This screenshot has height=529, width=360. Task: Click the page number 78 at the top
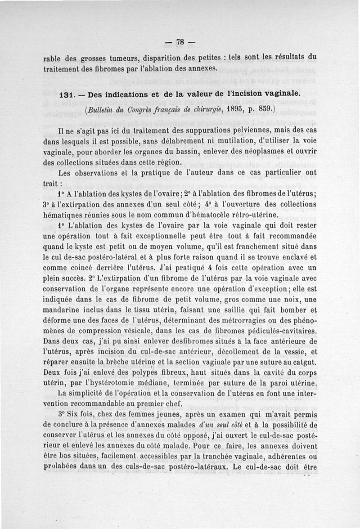click(x=180, y=42)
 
